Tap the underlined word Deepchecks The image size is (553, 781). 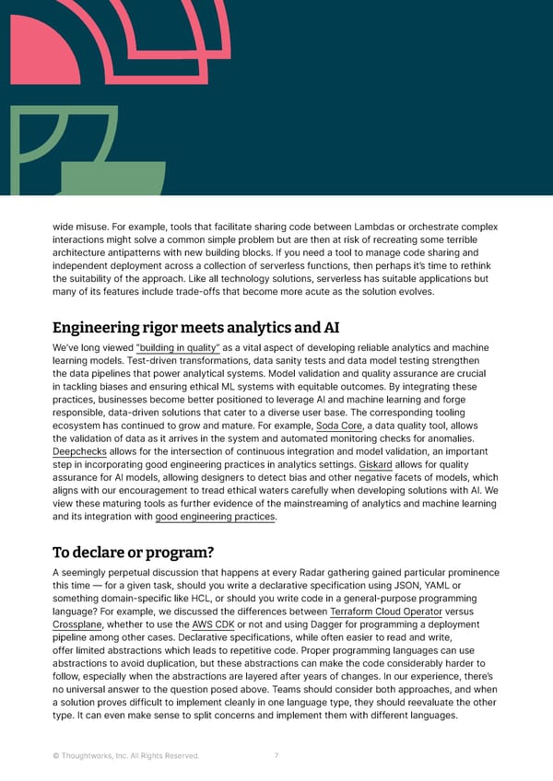(x=79, y=452)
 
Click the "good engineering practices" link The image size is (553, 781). (x=217, y=517)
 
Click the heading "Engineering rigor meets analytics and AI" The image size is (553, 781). (x=190, y=327)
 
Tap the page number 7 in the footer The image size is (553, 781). (x=276, y=756)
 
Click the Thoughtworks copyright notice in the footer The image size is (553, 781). (x=125, y=756)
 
